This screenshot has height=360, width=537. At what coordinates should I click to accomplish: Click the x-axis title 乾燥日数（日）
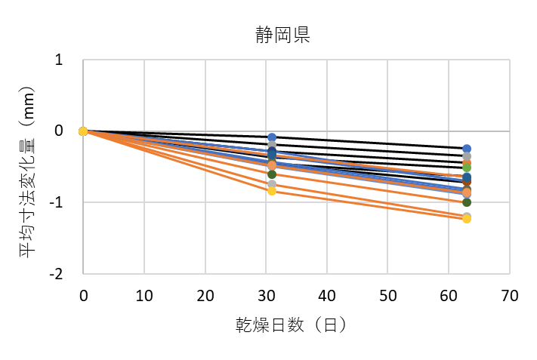click(x=291, y=325)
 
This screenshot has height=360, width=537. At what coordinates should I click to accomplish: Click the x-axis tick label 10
click(x=144, y=296)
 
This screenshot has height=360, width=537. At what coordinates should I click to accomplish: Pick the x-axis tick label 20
click(x=205, y=296)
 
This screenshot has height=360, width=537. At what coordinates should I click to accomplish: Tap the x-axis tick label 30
click(x=266, y=296)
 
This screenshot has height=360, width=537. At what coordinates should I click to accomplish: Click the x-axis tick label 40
click(x=326, y=296)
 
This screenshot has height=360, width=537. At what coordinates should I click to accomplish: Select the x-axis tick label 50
click(x=387, y=296)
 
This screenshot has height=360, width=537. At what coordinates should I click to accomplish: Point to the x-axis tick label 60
click(x=449, y=296)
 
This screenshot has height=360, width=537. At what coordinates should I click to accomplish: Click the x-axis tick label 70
click(x=510, y=296)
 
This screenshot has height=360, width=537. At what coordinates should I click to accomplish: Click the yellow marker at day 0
click(x=83, y=131)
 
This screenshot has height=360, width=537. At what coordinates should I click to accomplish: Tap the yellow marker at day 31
click(x=272, y=191)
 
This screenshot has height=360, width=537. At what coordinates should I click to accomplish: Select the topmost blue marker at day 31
click(x=272, y=137)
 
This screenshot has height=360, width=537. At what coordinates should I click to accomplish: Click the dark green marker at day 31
click(x=272, y=175)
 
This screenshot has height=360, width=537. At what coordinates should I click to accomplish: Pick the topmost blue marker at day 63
click(x=467, y=149)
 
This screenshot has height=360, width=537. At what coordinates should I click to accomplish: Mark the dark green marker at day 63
click(x=467, y=202)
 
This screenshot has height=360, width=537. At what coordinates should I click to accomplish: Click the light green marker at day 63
click(x=467, y=166)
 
